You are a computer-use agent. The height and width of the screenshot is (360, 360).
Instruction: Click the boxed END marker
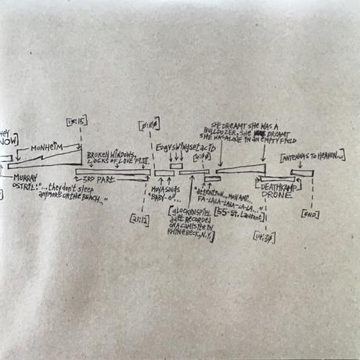click(x=309, y=214)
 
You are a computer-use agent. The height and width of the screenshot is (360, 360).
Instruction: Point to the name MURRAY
click(x=24, y=178)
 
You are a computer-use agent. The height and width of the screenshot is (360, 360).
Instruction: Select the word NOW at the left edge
click(x=5, y=142)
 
